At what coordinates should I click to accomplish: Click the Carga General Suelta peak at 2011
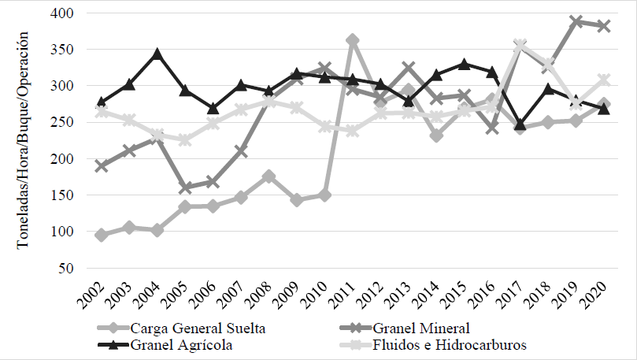pos(353,40)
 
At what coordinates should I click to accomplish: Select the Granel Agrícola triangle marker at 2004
pos(157,54)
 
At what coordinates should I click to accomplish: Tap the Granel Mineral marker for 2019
pos(577,22)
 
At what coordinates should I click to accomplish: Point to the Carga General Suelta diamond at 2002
pos(101,235)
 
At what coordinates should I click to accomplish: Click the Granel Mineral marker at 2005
pos(185,188)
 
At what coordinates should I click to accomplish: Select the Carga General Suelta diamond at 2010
pos(324,195)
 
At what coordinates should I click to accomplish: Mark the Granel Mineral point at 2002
pos(101,166)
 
